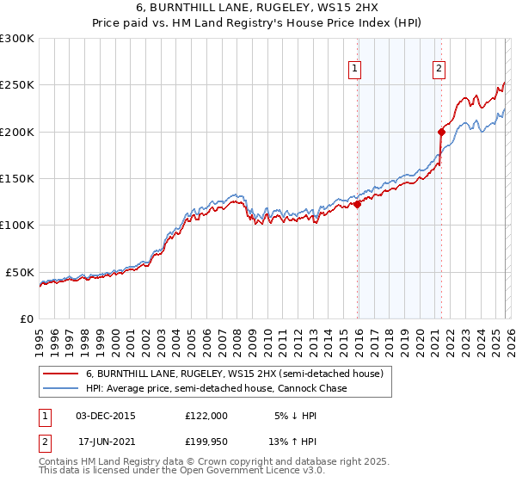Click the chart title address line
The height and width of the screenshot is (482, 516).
[x=258, y=7]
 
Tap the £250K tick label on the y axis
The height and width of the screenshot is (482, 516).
[x=16, y=85]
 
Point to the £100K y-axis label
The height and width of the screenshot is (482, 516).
[x=16, y=225]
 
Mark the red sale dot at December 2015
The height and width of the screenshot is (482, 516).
[x=357, y=204]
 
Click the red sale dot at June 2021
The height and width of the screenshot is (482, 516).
[x=440, y=132]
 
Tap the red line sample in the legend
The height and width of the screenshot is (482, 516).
[x=61, y=374]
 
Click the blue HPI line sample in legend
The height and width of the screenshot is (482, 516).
[x=61, y=388]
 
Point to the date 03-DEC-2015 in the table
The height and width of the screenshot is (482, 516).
[x=105, y=415]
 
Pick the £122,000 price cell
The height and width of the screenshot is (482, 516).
[x=206, y=415]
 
